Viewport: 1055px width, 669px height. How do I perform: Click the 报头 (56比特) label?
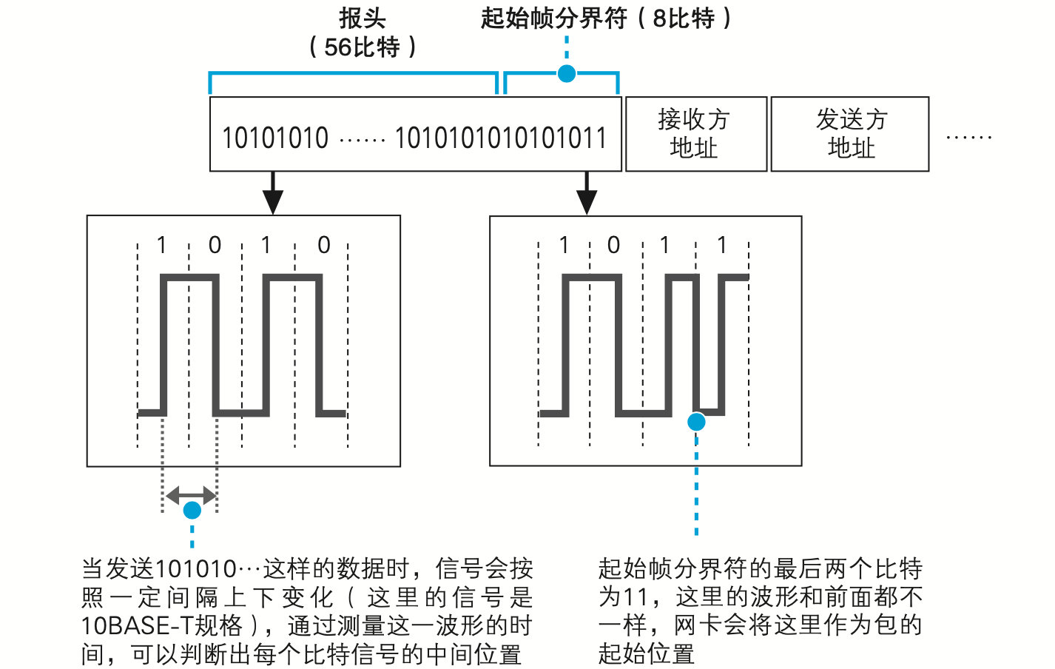[363, 33]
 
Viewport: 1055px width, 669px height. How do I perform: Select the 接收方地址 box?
[695, 134]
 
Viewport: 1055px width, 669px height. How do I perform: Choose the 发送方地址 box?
[850, 134]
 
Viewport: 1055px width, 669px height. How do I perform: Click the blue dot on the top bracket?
[567, 73]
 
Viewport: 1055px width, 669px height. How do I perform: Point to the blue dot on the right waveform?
[696, 422]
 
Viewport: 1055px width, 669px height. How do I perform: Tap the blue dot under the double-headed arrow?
[192, 510]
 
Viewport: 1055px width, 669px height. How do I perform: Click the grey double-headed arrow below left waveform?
[190, 495]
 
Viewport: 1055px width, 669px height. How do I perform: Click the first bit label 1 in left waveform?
[162, 245]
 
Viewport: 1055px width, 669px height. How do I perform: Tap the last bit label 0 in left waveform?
[323, 245]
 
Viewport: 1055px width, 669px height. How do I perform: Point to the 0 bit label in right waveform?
[613, 245]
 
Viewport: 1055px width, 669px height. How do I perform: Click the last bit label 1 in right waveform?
[722, 245]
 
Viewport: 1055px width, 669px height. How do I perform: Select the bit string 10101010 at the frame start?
[275, 138]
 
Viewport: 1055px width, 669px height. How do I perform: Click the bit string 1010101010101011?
[501, 138]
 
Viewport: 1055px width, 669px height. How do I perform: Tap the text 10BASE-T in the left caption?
[137, 626]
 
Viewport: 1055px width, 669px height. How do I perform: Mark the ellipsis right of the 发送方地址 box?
[968, 138]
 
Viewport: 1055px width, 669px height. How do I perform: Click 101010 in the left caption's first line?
[195, 569]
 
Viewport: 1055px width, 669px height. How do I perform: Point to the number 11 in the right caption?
[635, 596]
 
